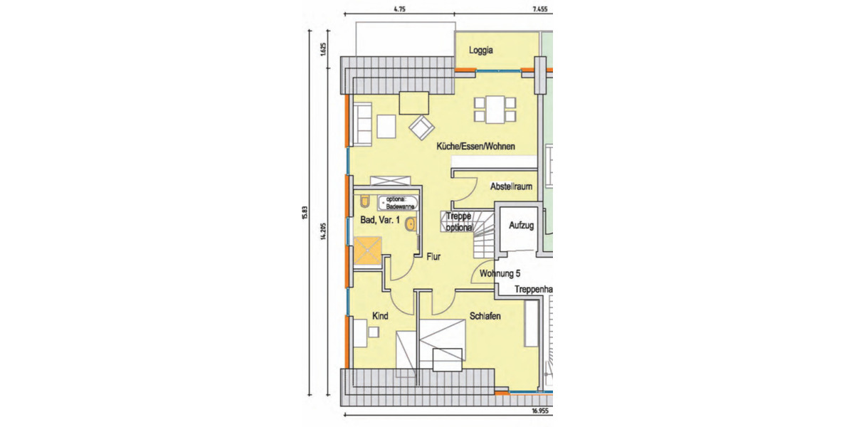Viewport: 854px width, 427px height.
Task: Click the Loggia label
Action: [x=481, y=51]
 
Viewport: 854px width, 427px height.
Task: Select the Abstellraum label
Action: [x=511, y=186]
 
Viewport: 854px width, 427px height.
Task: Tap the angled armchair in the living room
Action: [x=421, y=127]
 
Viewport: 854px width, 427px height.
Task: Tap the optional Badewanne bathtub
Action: [x=396, y=202]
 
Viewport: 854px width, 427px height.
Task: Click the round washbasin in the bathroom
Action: [x=410, y=225]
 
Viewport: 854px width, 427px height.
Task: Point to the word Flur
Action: [x=433, y=259]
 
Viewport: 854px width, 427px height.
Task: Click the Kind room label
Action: [x=380, y=315]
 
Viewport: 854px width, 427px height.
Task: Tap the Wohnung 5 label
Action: [x=501, y=273]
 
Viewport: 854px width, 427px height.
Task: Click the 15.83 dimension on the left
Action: [x=304, y=213]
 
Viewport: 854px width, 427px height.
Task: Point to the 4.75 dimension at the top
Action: [x=399, y=10]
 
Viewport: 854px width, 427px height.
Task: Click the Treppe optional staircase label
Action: [x=460, y=222]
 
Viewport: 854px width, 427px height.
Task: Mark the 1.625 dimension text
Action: [x=322, y=49]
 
